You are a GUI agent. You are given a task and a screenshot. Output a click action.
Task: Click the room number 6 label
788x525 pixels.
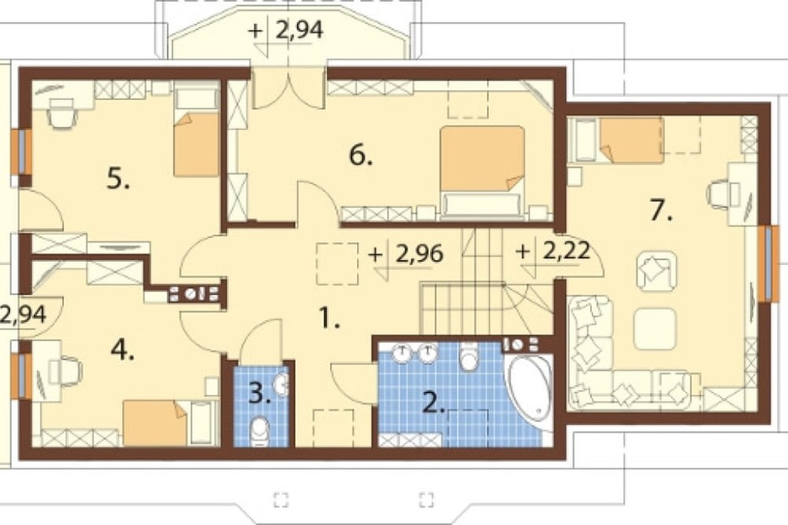[x=361, y=156]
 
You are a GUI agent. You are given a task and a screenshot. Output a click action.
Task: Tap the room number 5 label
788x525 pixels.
[x=118, y=178]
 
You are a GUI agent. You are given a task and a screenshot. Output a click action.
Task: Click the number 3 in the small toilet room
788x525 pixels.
[x=259, y=394]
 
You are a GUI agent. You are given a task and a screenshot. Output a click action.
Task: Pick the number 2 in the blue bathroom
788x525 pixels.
[x=434, y=402]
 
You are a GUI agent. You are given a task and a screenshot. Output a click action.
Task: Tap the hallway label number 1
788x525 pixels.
[x=329, y=318]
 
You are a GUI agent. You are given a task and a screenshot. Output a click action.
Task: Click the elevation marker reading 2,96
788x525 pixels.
[x=406, y=255]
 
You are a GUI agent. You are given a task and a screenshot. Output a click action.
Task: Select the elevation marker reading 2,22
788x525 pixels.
[x=553, y=251]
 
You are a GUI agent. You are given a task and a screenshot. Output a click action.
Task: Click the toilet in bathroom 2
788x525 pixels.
[x=469, y=356]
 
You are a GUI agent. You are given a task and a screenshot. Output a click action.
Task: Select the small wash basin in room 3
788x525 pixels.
[x=281, y=385]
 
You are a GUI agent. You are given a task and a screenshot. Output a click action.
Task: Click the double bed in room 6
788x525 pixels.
[x=482, y=173]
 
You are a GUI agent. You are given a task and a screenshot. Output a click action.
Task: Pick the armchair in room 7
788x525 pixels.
[x=656, y=272]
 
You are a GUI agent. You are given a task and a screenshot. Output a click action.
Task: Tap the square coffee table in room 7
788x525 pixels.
[x=655, y=329]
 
